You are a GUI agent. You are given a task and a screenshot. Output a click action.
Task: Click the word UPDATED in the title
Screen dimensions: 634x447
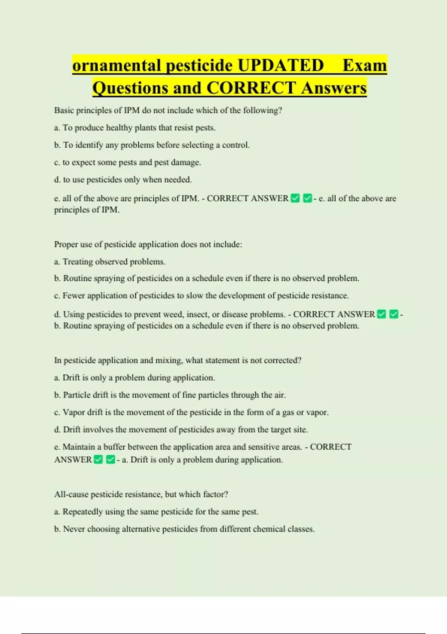[280, 66]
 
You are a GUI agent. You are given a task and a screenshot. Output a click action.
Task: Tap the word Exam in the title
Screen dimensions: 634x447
[365, 66]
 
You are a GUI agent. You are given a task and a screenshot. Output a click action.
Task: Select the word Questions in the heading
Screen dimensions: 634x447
[130, 88]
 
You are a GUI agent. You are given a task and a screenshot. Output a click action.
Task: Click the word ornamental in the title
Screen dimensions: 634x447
[117, 66]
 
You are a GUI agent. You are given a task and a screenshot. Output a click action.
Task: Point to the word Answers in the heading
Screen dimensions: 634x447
[334, 88]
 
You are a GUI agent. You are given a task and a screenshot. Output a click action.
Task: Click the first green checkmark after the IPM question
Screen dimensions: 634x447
[295, 198]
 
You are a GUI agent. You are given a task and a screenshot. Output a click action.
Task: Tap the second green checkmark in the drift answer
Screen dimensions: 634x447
[111, 459]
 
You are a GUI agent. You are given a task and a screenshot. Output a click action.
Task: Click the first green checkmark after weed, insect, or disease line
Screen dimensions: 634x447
[381, 314]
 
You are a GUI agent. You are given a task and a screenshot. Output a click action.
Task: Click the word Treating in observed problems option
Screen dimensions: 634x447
[77, 262]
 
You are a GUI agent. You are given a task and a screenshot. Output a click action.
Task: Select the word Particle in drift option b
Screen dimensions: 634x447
[76, 395]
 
